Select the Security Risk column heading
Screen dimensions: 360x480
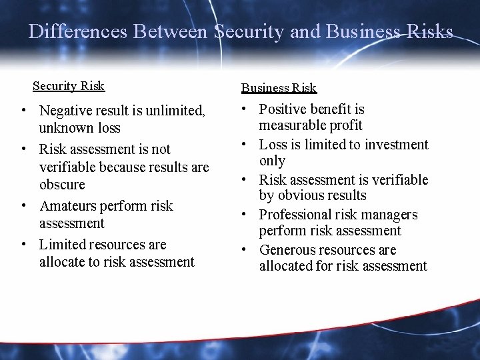coord(69,86)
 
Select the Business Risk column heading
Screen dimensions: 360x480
coord(279,88)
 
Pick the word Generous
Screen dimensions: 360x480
coord(289,250)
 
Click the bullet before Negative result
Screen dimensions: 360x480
coord(23,109)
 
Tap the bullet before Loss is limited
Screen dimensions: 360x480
coord(246,144)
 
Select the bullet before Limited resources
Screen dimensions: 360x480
coord(23,245)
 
